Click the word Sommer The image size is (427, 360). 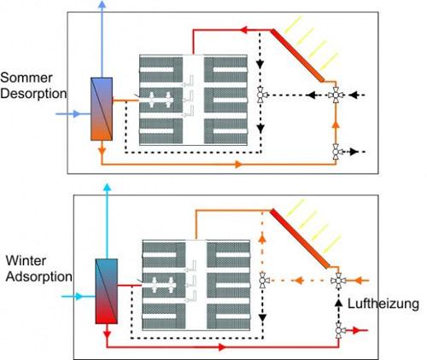pos(26,78)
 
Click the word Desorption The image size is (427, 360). pos(33,94)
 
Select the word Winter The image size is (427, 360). pos(26,260)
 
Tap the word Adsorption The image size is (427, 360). pos(39,276)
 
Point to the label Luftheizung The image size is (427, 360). pos(383,304)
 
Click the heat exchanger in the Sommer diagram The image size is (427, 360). pos(102,109)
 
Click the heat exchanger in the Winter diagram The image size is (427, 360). pos(106,291)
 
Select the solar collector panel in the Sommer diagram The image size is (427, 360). pos(297,55)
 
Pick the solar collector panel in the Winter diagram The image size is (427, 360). pos(300,238)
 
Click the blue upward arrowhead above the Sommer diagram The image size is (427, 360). pos(102,4)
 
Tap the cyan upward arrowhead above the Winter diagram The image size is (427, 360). pos(107,187)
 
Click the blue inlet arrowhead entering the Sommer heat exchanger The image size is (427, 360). pos(76,114)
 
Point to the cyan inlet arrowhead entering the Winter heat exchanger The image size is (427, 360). pos(79,297)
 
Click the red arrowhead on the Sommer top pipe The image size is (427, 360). pos(244,30)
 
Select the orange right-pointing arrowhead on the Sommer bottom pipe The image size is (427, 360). pos(238,164)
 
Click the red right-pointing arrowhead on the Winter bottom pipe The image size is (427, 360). pos(222,347)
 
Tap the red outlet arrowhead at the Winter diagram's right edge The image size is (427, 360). pos(357,330)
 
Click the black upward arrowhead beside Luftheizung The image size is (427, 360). pos(338,303)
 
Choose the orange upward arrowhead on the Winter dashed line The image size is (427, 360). pos(262,238)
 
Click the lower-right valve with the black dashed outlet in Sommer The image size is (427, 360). pos(336,152)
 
